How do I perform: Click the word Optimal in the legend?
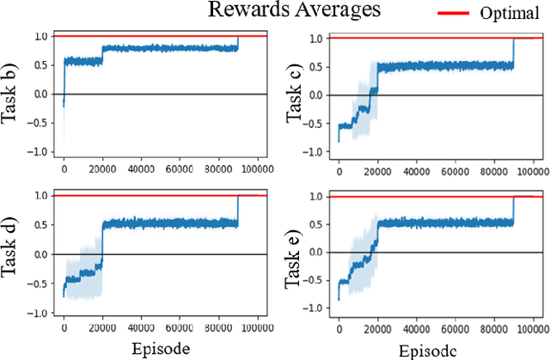(x=510, y=15)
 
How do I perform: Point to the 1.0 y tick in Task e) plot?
(x=316, y=197)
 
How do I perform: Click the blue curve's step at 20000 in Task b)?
(x=102, y=54)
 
